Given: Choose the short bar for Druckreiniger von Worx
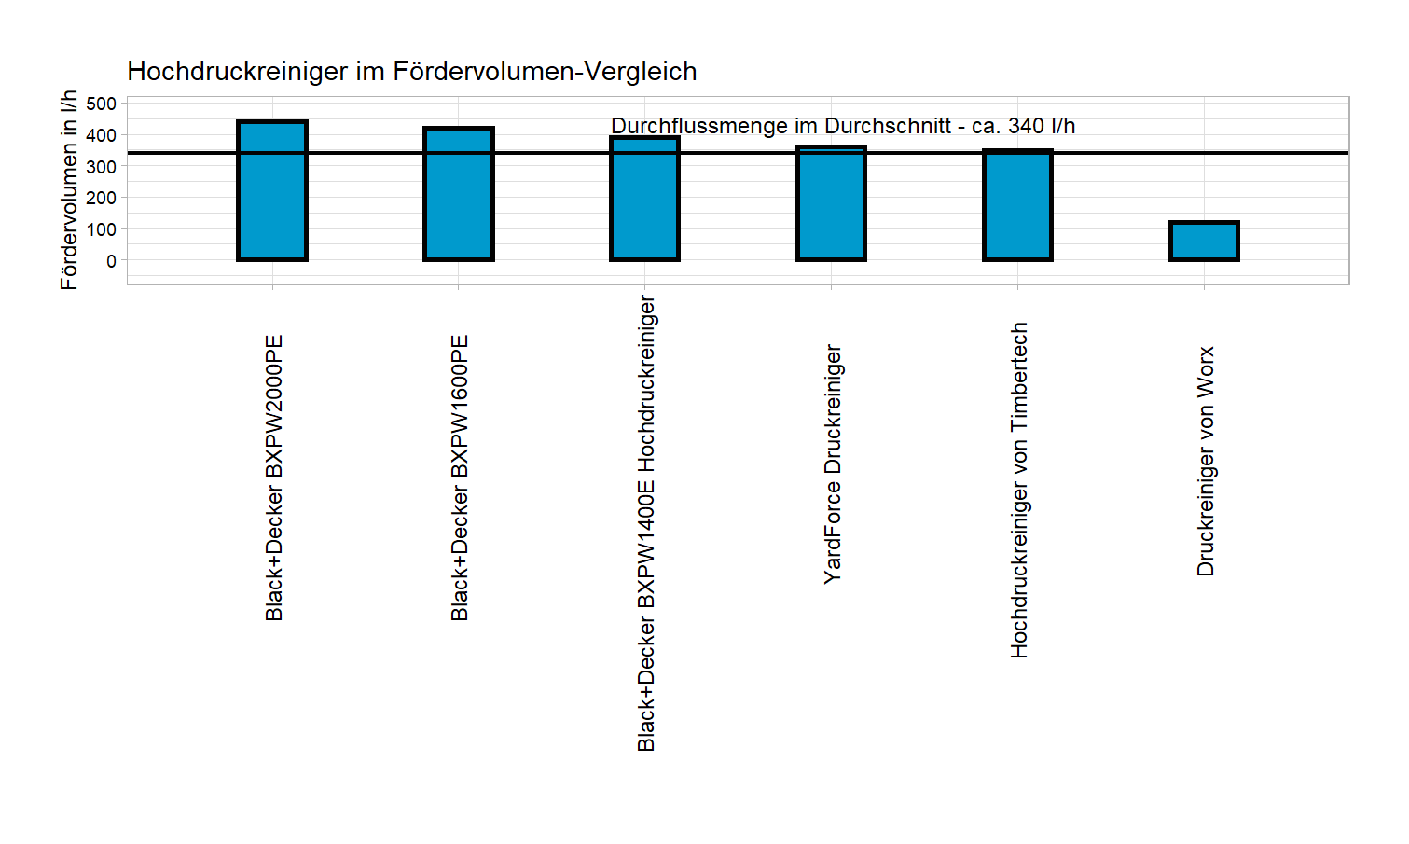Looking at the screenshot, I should (1204, 241).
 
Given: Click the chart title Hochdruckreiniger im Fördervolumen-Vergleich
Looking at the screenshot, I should (411, 72).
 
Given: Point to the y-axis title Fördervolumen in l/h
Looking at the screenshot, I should (69, 190).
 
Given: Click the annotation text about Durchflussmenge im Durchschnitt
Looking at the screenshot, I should (843, 126).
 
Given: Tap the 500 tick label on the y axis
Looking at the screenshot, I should (101, 104).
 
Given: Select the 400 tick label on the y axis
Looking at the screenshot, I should (101, 135).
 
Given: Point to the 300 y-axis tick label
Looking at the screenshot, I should (101, 166).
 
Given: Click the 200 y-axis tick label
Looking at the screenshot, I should (101, 198).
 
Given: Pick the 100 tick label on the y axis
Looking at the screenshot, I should (101, 229).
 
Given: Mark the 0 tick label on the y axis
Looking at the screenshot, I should (111, 261).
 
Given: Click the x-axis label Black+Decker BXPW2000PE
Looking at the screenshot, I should (273, 477).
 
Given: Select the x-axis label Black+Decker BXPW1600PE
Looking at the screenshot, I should (460, 477).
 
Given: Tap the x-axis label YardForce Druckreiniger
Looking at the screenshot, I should (833, 464).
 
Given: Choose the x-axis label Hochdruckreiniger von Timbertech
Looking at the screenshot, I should (1019, 491).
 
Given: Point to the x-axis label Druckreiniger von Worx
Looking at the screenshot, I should (1206, 462).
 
